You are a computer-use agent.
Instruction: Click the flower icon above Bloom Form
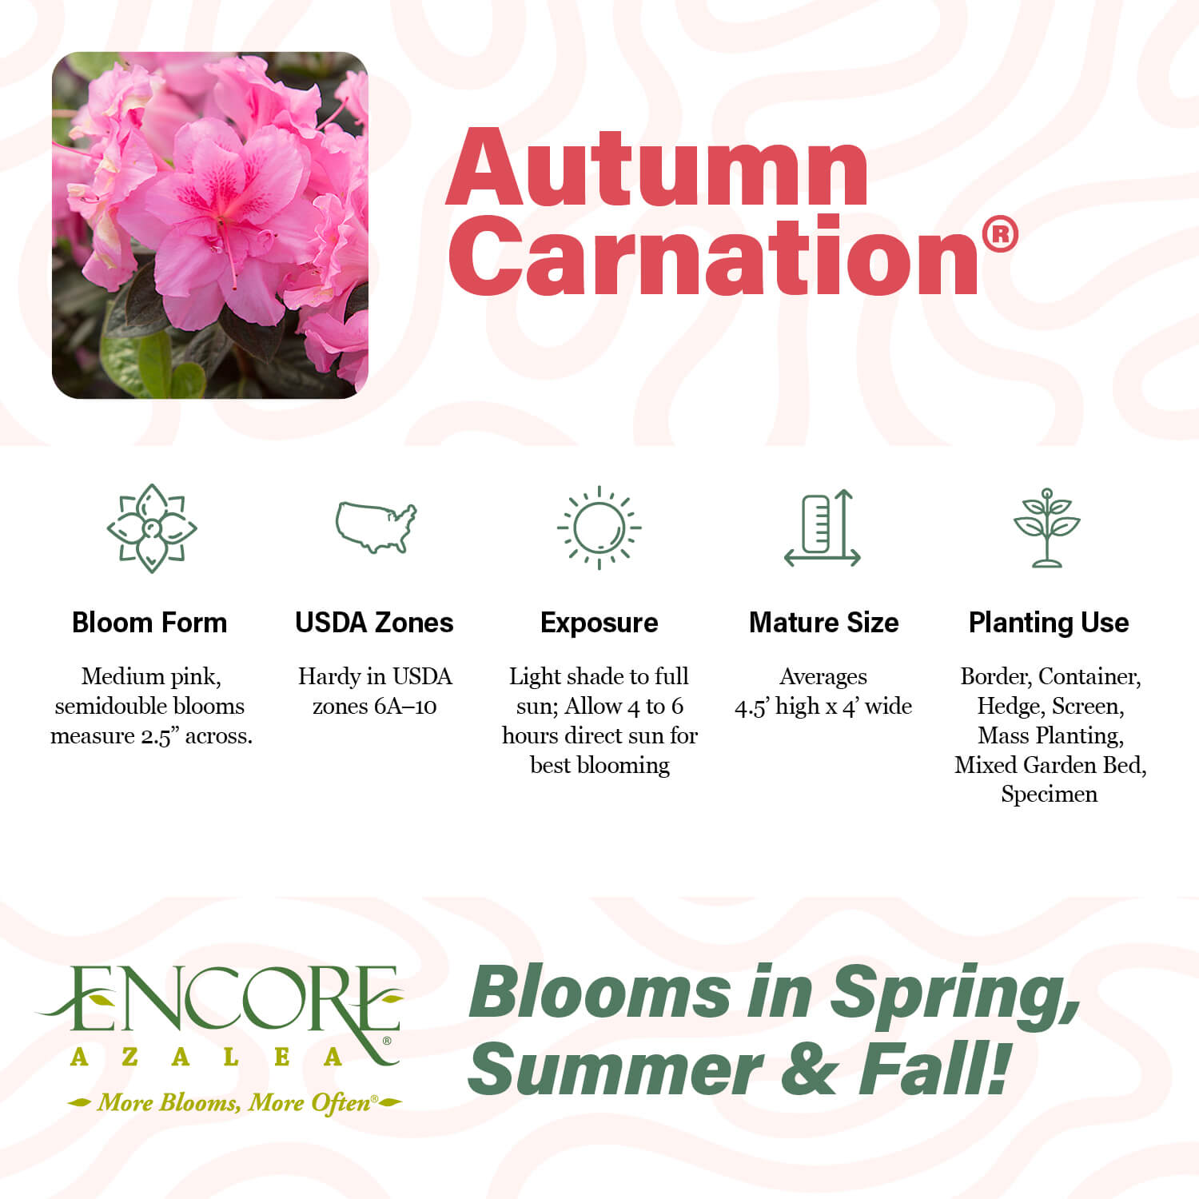coord(152,528)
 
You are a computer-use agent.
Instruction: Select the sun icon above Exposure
coord(599,528)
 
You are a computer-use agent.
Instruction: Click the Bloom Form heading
coord(149,623)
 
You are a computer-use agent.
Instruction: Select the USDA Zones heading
coord(374,623)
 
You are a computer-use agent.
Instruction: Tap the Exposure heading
coord(599,623)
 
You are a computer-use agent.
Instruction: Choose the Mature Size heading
coord(823,623)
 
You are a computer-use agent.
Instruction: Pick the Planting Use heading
coord(1049,623)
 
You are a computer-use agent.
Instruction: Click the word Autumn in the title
coord(657,169)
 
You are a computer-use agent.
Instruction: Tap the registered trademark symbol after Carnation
coord(999,235)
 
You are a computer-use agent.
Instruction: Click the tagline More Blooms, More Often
coord(234,1103)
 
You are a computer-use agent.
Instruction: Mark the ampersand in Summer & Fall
coord(811,1071)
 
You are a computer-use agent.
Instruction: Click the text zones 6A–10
coord(374,707)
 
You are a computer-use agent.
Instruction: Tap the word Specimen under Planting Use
coord(1049,795)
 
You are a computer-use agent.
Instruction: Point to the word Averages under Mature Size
coord(823,677)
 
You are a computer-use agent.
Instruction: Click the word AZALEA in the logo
coord(206,1058)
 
